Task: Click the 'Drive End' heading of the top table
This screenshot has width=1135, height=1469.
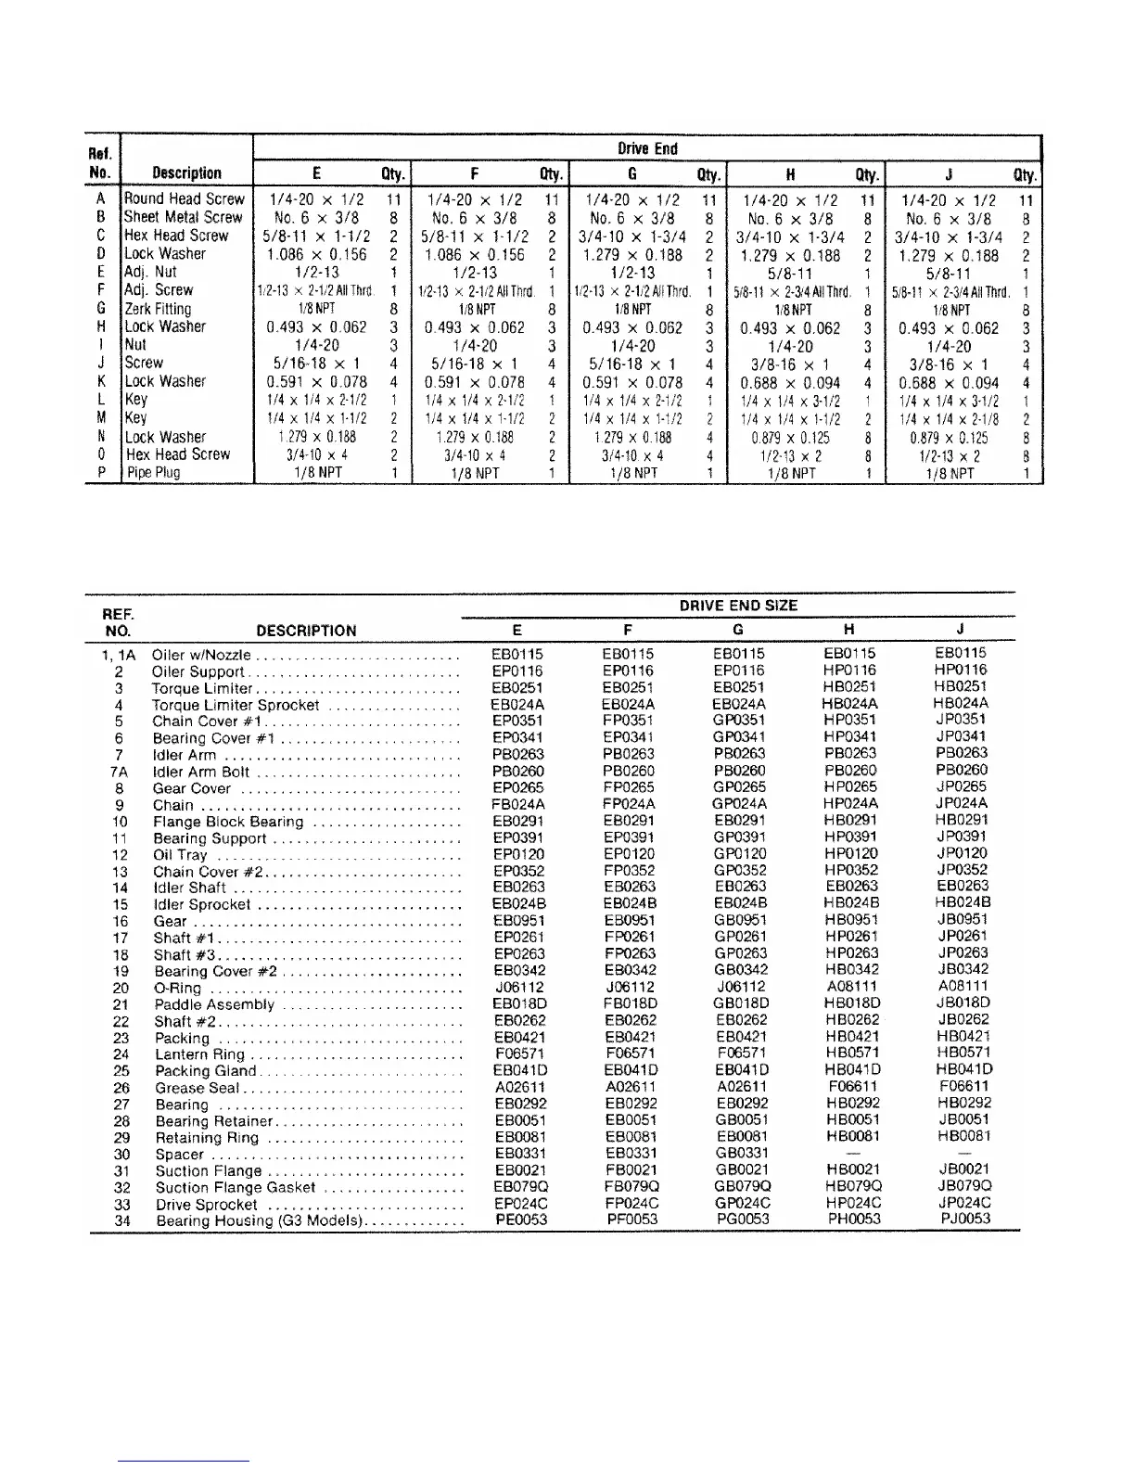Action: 647,148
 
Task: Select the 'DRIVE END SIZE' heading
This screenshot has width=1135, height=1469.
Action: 738,606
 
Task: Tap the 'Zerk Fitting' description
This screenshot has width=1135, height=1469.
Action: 158,309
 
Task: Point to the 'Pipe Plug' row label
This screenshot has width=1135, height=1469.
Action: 154,473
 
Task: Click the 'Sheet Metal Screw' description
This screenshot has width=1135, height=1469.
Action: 184,217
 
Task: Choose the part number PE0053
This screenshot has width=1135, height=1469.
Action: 520,1220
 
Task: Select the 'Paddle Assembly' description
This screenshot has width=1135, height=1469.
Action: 214,1004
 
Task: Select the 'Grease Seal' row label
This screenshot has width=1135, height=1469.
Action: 197,1088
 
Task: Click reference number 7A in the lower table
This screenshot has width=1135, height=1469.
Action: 119,772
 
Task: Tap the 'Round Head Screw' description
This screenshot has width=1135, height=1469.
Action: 185,198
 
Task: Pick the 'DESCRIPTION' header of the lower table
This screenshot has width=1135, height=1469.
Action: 306,631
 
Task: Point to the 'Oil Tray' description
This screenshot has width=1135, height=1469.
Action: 180,855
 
